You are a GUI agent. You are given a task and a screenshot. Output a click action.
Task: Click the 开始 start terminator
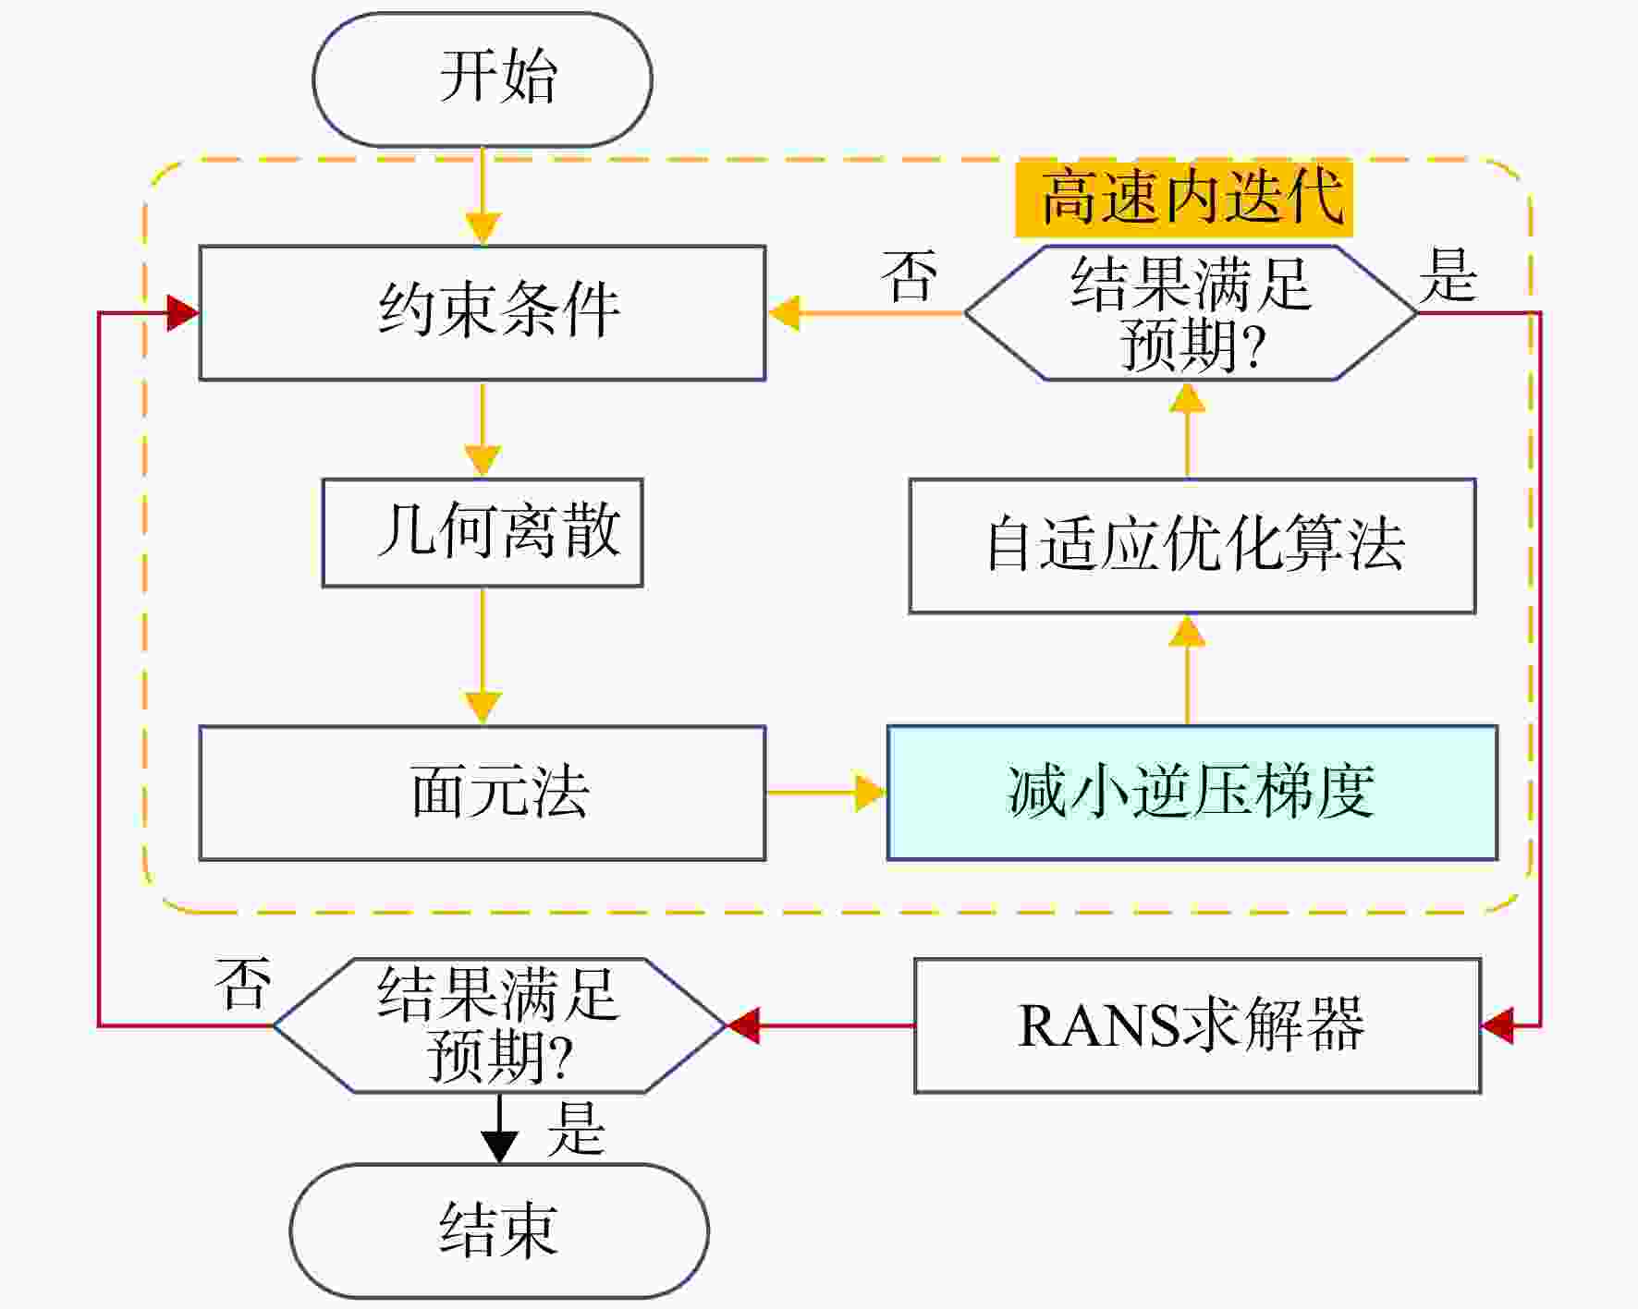483,79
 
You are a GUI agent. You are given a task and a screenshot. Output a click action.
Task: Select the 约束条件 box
483,313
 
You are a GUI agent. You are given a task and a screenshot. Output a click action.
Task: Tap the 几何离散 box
483,533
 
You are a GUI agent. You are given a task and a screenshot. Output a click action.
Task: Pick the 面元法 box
483,793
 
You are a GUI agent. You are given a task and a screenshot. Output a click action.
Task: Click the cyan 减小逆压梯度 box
1192,793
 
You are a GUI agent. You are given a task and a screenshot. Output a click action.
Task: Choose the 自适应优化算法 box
1192,546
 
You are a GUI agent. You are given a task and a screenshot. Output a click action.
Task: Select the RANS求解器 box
1198,1025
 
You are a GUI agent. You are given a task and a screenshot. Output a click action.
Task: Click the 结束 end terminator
499,1230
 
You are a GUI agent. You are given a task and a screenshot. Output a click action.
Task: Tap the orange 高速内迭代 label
1184,198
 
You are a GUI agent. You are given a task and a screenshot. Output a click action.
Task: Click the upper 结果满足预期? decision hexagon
1191,313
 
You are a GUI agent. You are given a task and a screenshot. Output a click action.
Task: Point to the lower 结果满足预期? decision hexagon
499,1025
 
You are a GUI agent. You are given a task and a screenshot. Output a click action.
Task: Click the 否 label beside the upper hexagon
910,275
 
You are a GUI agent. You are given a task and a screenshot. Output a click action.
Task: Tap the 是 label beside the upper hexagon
1448,275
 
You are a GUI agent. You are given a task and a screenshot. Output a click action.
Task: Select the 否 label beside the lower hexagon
242,983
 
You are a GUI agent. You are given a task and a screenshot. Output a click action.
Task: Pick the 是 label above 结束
575,1128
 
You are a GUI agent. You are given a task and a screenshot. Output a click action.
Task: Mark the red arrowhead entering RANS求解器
1497,1025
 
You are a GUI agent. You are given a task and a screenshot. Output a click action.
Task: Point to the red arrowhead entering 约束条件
183,313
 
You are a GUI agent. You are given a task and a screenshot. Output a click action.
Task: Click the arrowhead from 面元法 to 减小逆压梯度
871,793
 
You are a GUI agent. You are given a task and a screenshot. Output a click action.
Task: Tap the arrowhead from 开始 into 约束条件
483,229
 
